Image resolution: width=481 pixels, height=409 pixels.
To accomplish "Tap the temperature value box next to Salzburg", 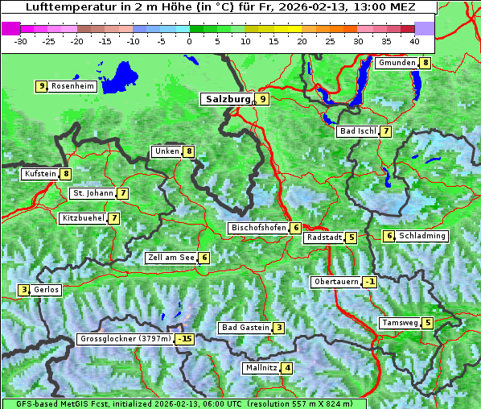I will pyautogui.click(x=262, y=99).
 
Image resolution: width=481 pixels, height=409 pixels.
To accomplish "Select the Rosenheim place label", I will pyautogui.click(x=72, y=86).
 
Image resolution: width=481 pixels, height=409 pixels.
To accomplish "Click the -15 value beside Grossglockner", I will pyautogui.click(x=185, y=339).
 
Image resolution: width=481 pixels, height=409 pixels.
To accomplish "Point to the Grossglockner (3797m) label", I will pyautogui.click(x=125, y=339).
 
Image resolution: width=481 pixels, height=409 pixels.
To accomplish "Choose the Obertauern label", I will pyautogui.click(x=336, y=282).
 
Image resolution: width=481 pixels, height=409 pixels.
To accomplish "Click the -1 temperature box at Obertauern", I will pyautogui.click(x=369, y=282).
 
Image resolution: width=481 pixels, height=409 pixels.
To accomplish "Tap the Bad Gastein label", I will pyautogui.click(x=245, y=328).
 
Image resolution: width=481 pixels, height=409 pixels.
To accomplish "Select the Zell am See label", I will pyautogui.click(x=171, y=258).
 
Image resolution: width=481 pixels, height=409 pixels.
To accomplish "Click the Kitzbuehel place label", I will pyautogui.click(x=83, y=218).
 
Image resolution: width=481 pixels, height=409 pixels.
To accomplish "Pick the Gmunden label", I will pyautogui.click(x=397, y=63).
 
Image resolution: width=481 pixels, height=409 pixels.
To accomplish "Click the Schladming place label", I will pyautogui.click(x=422, y=236).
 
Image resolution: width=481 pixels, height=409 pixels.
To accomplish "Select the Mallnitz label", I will pyautogui.click(x=261, y=368).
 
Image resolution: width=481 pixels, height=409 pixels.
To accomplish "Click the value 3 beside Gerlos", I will pyautogui.click(x=24, y=290).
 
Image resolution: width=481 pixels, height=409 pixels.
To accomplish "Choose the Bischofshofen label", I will pyautogui.click(x=258, y=228).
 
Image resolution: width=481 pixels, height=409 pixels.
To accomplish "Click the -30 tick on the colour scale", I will pyautogui.click(x=21, y=40).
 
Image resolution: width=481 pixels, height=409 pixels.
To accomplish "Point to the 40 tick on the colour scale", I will pyautogui.click(x=414, y=40).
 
